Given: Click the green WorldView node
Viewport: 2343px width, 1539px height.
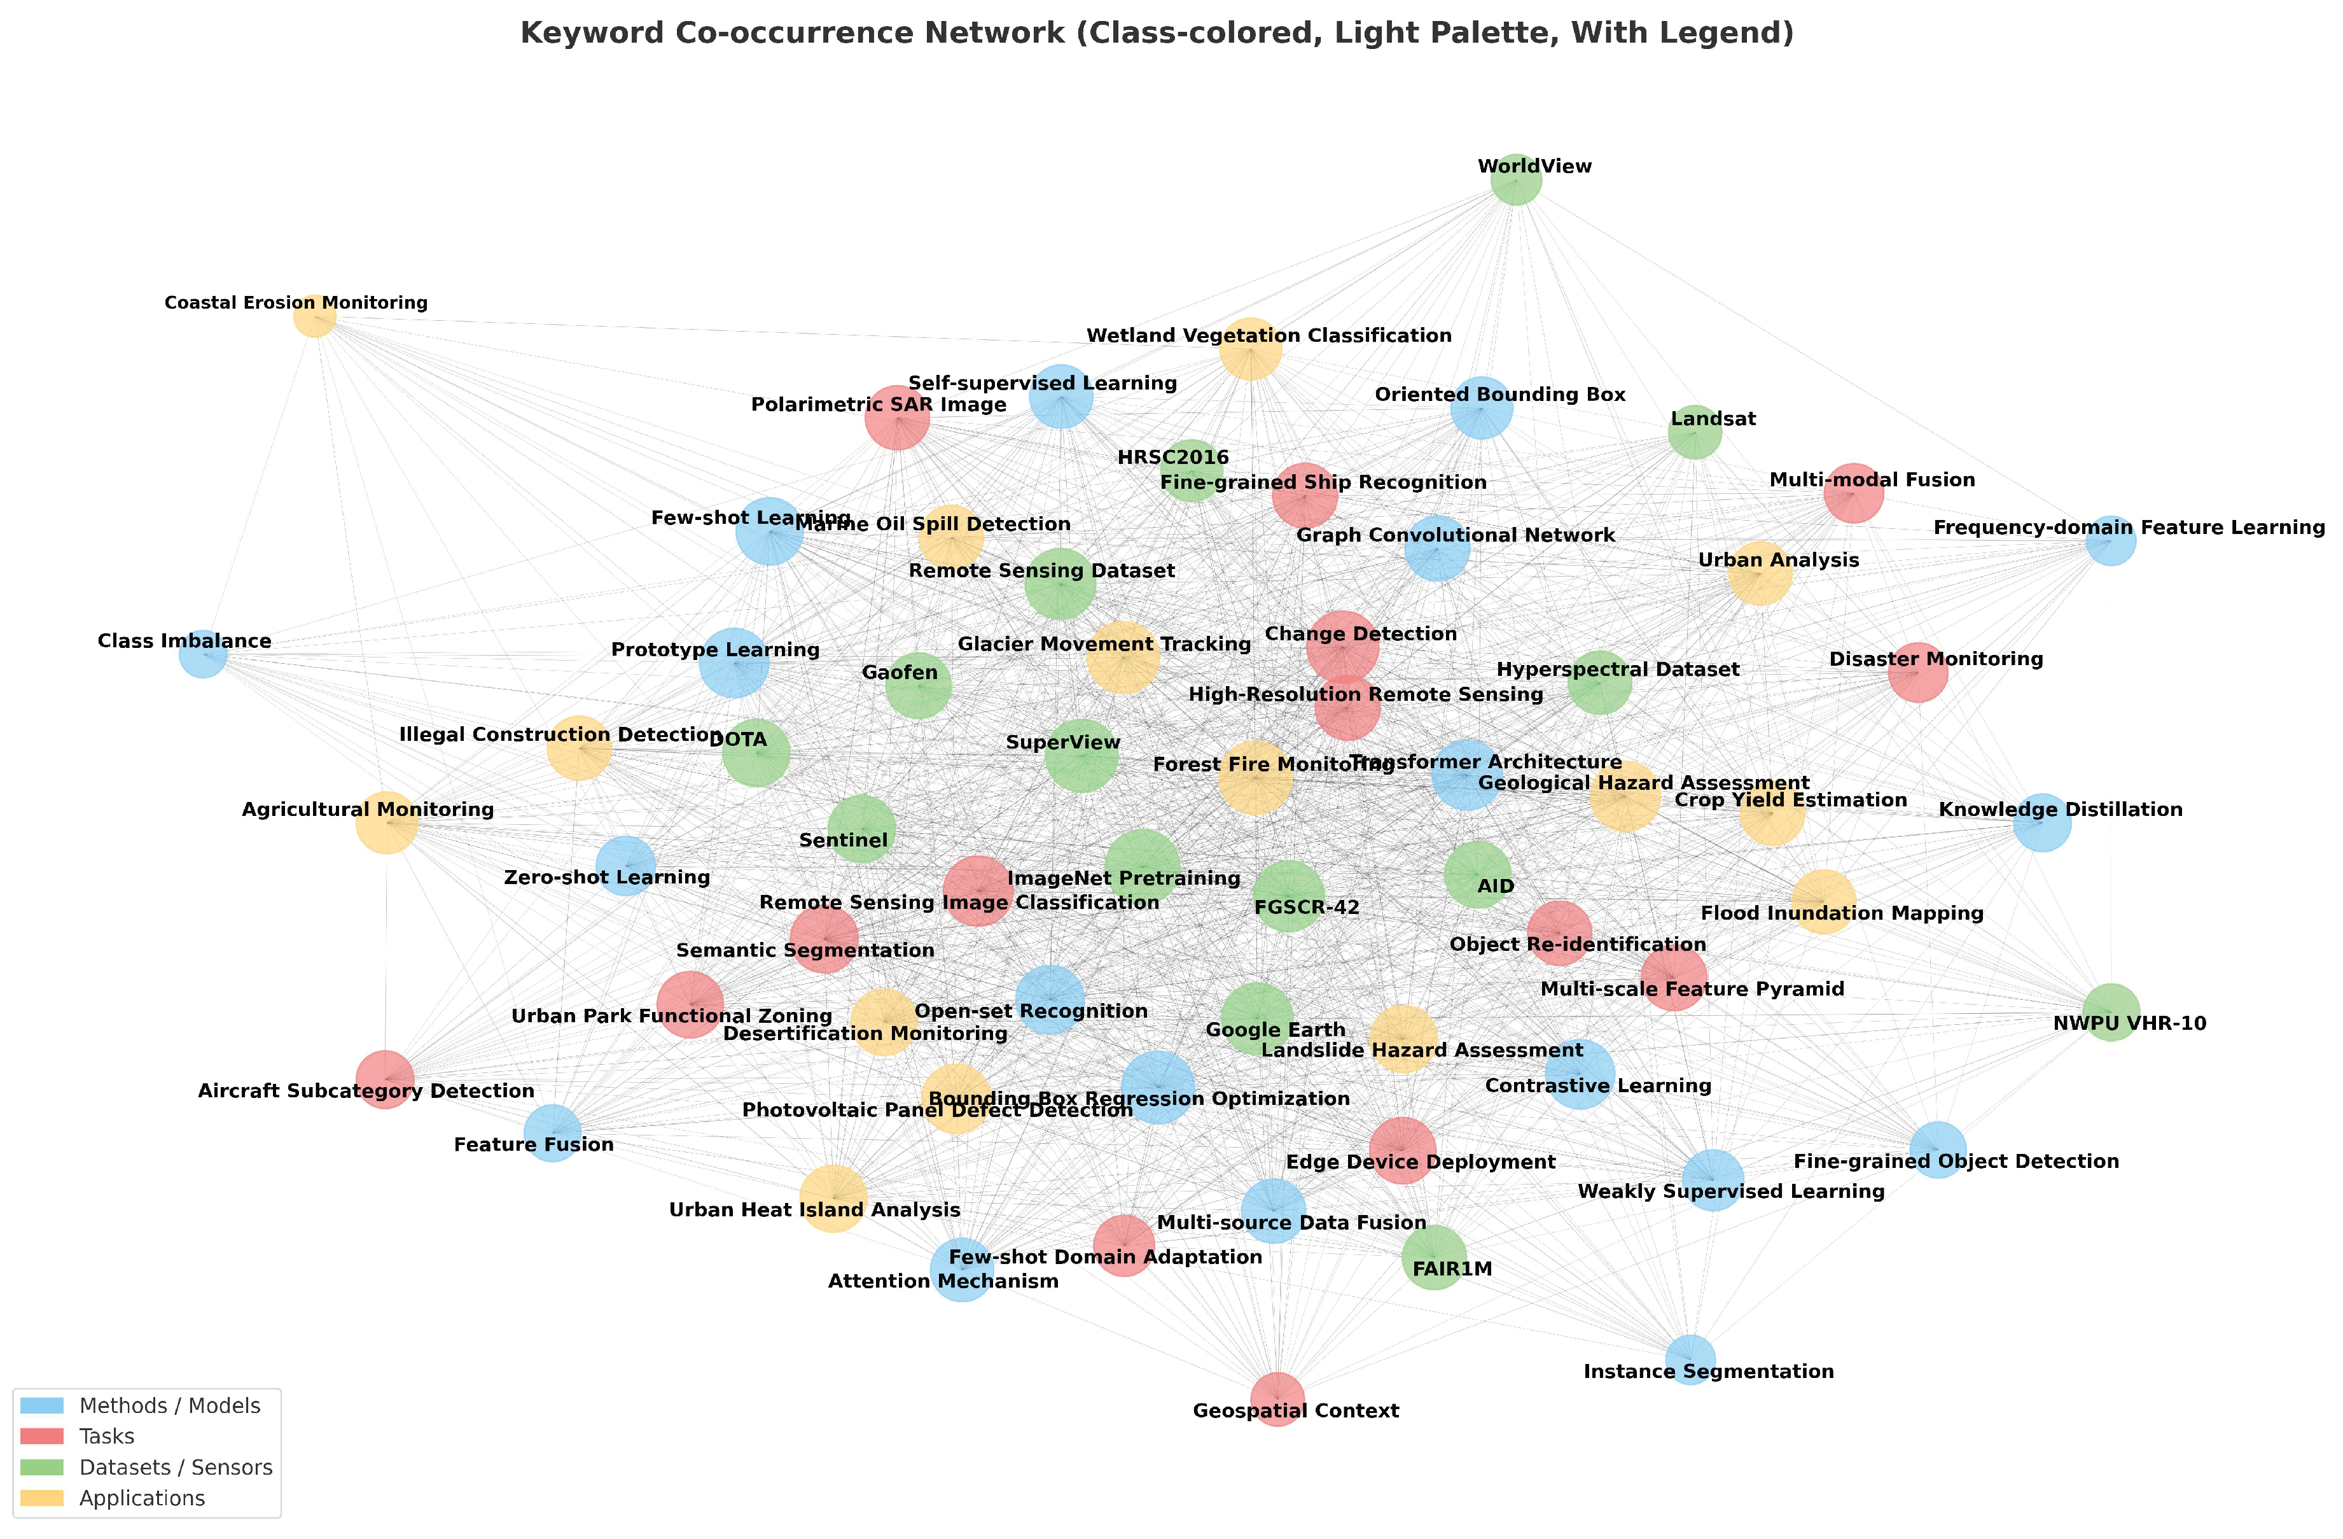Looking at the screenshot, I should click(x=1515, y=179).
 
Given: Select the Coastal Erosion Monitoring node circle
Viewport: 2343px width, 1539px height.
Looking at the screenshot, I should click(x=315, y=315).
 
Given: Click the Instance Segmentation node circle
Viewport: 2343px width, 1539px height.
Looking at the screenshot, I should click(x=1690, y=1360).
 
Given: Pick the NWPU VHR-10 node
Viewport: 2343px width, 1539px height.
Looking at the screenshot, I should click(x=2111, y=1012).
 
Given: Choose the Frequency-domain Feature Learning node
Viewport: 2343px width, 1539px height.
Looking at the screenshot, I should click(x=2111, y=540).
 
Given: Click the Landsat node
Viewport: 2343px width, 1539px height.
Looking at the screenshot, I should click(x=1694, y=432).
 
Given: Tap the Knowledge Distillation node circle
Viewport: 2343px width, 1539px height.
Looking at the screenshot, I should click(x=2041, y=822).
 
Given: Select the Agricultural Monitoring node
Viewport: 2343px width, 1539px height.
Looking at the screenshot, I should click(x=386, y=822).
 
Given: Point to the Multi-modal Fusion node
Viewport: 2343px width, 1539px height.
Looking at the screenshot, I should click(x=1854, y=493).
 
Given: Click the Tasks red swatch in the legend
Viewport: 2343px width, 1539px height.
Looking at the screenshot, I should click(x=41, y=1437).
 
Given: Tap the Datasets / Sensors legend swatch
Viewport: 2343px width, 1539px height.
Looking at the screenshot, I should click(x=41, y=1467).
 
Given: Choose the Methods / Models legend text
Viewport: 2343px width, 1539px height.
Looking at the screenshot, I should click(x=169, y=1406).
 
